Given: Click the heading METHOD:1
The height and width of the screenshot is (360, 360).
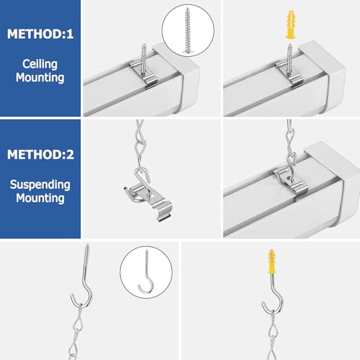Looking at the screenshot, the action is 40,34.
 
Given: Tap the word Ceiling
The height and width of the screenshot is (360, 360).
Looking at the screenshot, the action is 40,64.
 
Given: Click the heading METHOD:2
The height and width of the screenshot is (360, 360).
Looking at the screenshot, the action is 40,154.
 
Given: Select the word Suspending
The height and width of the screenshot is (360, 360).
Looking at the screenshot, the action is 40,185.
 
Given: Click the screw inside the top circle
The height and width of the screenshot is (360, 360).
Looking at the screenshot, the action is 188,30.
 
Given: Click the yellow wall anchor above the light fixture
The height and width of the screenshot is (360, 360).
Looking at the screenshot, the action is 290,24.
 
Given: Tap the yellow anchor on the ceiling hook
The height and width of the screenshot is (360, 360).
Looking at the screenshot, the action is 271,261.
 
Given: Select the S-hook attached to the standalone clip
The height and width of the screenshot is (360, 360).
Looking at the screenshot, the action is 143,181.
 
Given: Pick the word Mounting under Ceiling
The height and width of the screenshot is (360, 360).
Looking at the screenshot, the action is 40,78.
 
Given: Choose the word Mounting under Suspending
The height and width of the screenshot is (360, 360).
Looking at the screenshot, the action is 40,199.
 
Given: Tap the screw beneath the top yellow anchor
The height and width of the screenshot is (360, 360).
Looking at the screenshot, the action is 289,60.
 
